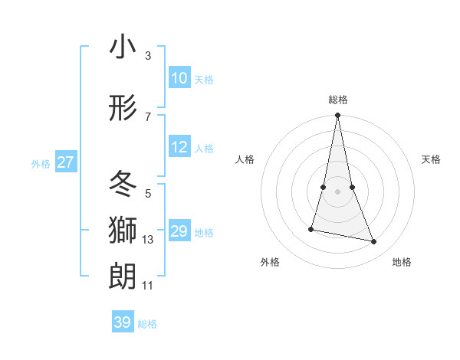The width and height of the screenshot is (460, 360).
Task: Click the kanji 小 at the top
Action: click(123, 47)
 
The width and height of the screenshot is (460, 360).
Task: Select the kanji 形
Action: click(123, 110)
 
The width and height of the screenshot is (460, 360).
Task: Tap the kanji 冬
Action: click(123, 184)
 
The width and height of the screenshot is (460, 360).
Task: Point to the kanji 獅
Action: click(123, 231)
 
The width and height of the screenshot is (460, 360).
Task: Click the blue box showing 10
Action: click(179, 78)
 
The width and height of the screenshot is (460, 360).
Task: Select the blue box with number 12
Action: click(179, 148)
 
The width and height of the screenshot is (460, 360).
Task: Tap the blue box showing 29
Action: click(179, 231)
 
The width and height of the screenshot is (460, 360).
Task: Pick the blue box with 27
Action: click(65, 162)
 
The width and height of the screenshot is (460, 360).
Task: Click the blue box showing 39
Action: click(122, 322)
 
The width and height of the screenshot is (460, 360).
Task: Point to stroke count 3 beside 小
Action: click(148, 55)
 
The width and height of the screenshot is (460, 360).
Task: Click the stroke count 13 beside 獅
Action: click(148, 240)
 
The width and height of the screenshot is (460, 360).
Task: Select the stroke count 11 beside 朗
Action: click(148, 286)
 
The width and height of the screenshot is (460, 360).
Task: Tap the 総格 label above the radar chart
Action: click(337, 100)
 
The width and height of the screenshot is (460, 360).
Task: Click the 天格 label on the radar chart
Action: click(431, 159)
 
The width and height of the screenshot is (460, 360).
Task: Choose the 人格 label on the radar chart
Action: click(245, 159)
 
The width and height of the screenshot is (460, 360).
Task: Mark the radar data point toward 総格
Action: click(337, 116)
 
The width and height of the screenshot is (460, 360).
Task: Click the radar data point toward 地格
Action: click(374, 242)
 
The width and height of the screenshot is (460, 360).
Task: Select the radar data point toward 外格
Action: click(311, 228)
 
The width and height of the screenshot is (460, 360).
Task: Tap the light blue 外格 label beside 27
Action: click(40, 163)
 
